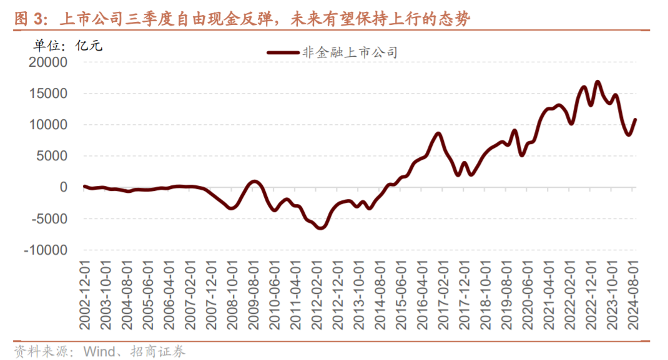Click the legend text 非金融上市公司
coord(350,53)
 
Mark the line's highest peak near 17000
coord(597,82)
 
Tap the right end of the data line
coord(635,119)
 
